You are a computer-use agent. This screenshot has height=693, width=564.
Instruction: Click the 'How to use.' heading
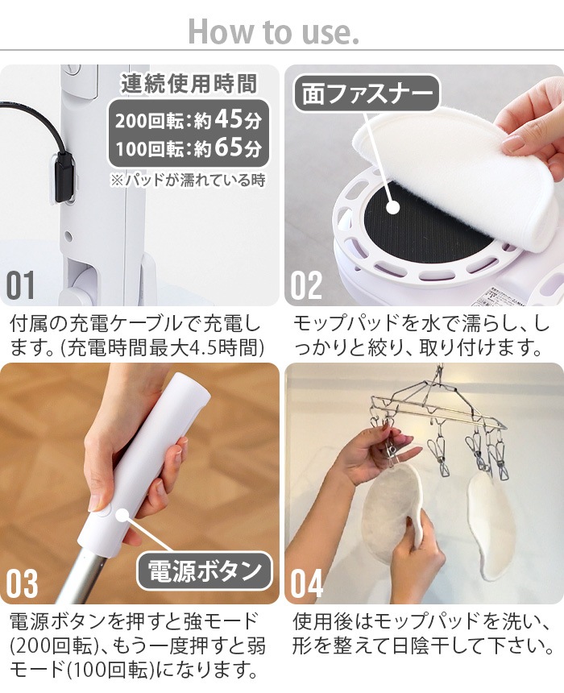coord(273,31)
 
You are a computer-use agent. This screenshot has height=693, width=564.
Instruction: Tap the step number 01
coord(21,285)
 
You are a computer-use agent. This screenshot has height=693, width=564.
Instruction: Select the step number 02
coord(306,285)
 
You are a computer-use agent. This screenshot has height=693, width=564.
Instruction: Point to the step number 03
coord(22,583)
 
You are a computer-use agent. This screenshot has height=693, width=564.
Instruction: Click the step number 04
coord(307,583)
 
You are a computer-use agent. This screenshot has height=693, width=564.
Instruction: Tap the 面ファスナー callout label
coord(367,93)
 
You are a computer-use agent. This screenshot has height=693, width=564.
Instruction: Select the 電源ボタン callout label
coord(204,571)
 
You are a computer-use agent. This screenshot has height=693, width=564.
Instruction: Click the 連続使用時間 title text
coord(189,84)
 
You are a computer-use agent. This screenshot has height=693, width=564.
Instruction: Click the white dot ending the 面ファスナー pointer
coord(392,207)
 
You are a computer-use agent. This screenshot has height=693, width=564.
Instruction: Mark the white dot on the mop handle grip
coord(122,516)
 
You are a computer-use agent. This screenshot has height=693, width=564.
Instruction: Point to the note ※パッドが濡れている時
coord(189,180)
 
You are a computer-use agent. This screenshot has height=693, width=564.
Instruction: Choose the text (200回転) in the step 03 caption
coord(54,646)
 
